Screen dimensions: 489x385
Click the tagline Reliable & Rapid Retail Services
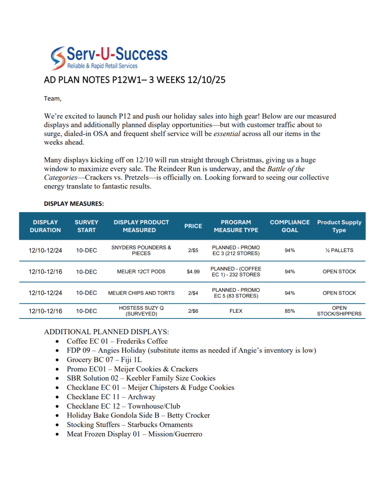click(102, 66)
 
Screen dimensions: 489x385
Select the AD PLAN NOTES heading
click(134, 80)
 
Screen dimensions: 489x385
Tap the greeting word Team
click(53, 98)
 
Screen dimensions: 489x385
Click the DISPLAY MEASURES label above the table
click(74, 203)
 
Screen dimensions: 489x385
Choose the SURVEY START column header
click(86, 226)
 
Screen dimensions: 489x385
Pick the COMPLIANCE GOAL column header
click(289, 226)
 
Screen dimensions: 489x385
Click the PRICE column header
click(193, 226)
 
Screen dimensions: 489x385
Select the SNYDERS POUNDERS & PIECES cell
click(141, 250)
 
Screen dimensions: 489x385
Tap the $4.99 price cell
click(193, 272)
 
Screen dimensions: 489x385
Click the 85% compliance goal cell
click(289, 311)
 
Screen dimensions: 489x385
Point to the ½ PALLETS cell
click(339, 250)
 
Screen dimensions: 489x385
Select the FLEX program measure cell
click(236, 311)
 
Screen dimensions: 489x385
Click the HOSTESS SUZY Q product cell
click(141, 311)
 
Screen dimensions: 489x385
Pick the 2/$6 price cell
click(193, 311)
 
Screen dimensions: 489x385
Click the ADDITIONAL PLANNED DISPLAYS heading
click(106, 331)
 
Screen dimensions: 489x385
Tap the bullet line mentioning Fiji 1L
click(104, 360)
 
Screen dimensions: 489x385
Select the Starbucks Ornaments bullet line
click(129, 425)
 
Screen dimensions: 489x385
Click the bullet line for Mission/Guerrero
click(134, 434)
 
